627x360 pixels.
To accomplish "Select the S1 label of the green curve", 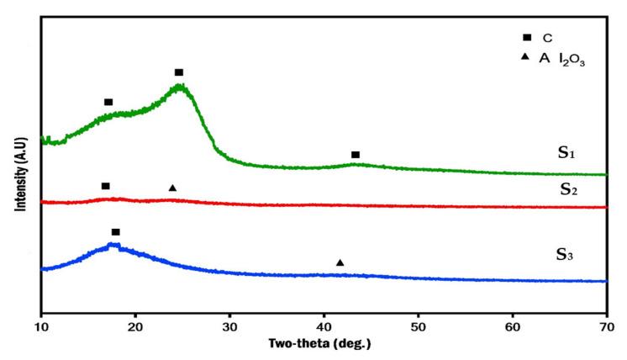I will point(566,153).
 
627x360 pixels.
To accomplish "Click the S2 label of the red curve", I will point(569,190).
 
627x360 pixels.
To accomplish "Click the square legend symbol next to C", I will point(527,37).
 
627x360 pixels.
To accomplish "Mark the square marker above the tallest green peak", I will point(179,72).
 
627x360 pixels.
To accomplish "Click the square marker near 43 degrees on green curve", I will point(356,155).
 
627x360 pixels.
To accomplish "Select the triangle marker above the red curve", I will point(172,188).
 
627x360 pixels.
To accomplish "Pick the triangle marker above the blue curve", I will point(340,262).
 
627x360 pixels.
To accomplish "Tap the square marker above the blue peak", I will point(116,231).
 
